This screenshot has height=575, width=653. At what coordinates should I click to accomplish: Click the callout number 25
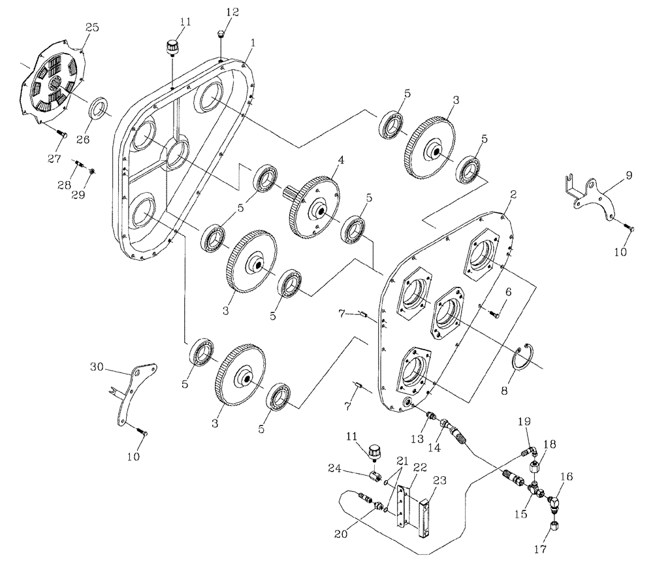point(91,27)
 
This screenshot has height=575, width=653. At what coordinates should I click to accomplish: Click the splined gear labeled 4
point(316,208)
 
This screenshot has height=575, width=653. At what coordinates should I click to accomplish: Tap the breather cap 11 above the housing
point(172,48)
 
